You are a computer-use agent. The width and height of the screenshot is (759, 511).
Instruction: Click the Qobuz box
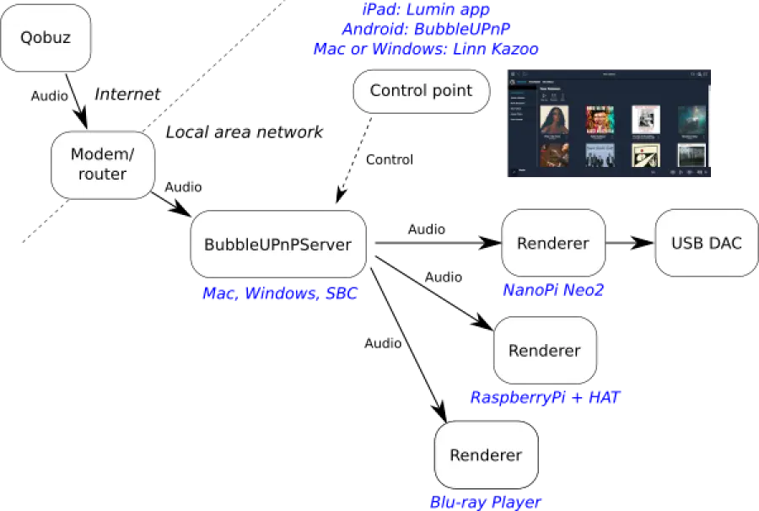pos(46,39)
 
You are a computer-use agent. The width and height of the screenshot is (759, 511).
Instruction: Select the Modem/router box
pos(103,164)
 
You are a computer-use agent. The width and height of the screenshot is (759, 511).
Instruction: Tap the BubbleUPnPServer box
pos(277,245)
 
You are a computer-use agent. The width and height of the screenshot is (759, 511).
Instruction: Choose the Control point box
pos(421,91)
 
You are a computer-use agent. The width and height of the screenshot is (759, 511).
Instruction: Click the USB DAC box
pos(707,243)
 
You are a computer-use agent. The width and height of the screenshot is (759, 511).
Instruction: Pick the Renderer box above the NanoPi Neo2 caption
pos(552,243)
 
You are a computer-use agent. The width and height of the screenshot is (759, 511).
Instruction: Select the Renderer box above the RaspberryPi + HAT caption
pos(545,350)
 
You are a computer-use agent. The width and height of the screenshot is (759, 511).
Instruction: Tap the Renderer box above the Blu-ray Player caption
pos(486,455)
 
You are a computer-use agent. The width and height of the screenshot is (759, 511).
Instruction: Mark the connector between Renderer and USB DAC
pos(630,243)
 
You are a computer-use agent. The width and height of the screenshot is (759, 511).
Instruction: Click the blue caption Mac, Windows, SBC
pos(280,294)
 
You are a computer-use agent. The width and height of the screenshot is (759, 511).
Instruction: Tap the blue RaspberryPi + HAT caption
pos(545,396)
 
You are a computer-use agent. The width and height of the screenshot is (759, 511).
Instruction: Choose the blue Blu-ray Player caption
pos(487,502)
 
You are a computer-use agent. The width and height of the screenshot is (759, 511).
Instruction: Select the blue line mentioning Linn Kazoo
pos(425,50)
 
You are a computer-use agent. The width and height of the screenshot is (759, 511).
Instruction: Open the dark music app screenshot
pos(610,124)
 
